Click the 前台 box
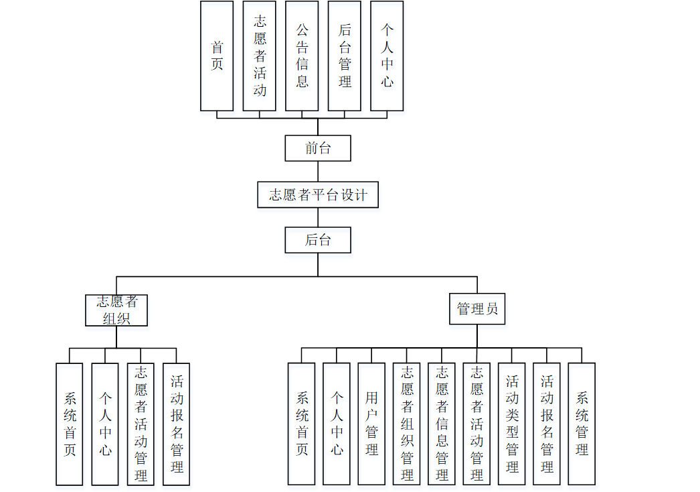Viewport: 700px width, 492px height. point(318,148)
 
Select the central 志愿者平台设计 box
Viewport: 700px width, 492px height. point(318,194)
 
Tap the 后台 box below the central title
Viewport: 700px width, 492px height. point(318,240)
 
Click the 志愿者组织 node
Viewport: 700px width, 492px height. point(116,310)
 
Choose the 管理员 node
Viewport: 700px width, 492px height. point(477,309)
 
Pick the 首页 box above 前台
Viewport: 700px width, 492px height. point(217,56)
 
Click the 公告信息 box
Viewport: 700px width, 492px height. point(302,56)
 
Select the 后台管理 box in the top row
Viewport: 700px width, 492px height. point(345,56)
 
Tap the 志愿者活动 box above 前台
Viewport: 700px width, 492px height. point(260,56)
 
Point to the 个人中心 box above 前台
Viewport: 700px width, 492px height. point(387,56)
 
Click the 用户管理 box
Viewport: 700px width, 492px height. point(371,424)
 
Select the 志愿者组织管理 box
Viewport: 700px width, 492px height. point(407,424)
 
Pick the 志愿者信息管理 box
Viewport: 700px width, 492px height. point(442,424)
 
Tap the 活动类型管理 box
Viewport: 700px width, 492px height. point(512,424)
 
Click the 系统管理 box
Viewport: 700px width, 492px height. point(582,424)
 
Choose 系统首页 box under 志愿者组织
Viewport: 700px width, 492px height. point(70,424)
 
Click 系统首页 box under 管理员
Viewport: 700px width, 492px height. point(302,424)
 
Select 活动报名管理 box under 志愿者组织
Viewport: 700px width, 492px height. point(177,424)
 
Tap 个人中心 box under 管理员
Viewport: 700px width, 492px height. point(337,424)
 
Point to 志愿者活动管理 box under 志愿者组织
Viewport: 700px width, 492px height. point(141,424)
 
